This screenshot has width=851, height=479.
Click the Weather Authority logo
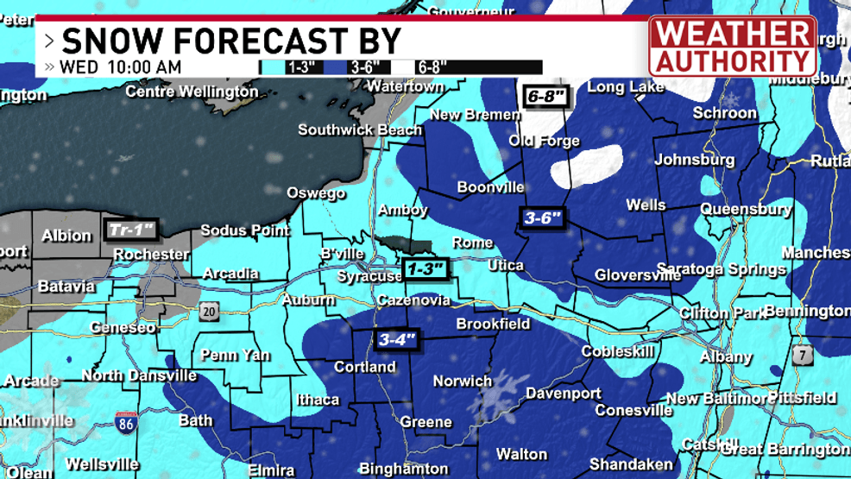point(732,46)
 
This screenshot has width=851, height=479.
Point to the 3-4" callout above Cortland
point(397,340)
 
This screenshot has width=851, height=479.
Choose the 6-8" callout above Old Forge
point(545,97)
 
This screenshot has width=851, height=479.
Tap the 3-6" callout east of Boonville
point(543,218)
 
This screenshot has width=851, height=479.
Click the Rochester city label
point(151,255)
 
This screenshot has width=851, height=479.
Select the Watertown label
point(406,86)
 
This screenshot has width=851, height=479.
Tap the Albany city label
point(726,356)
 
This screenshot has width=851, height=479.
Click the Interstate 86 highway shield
point(124,423)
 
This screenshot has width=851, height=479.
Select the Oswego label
point(316,193)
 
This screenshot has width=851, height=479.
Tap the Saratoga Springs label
point(722,269)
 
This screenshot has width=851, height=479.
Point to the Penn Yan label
point(236,355)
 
